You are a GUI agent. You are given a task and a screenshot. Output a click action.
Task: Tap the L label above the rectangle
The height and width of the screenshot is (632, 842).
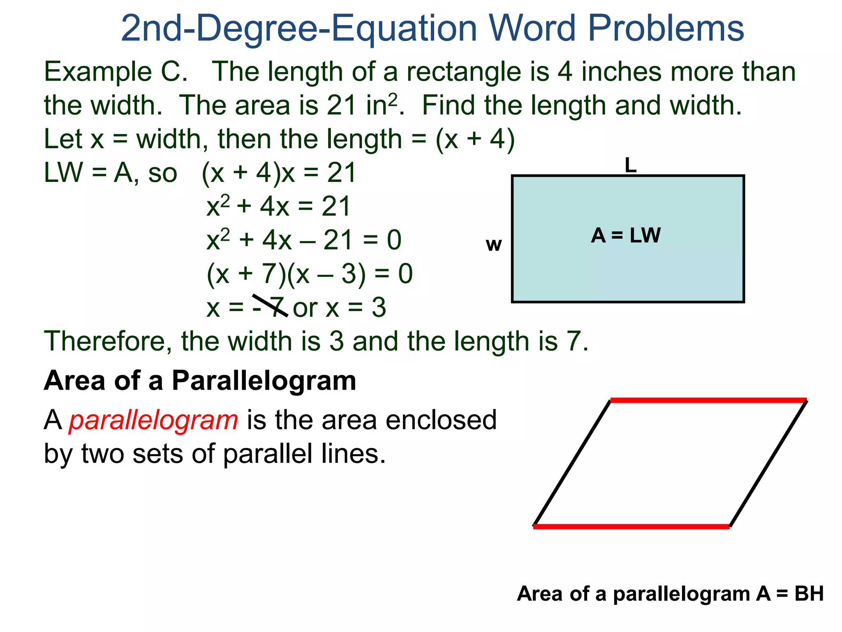pos(630,165)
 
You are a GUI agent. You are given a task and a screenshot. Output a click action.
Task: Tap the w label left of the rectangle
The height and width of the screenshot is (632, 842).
pos(494,245)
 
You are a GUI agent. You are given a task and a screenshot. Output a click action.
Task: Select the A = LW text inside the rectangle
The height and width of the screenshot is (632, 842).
pos(626,236)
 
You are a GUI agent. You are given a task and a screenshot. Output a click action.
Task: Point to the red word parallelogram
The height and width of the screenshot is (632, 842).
pos(153,420)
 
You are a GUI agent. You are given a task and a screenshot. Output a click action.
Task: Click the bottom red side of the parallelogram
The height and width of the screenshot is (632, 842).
pos(631,526)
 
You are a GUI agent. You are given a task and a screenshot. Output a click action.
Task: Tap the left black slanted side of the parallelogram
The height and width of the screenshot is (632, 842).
pos(571,463)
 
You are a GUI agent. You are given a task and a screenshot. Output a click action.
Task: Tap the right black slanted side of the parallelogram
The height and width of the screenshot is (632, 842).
pos(768,463)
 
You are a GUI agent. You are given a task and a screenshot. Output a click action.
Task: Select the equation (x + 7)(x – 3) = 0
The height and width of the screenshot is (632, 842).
pos(309,274)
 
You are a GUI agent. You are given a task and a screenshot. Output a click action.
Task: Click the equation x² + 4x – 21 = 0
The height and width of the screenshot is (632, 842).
pos(303,240)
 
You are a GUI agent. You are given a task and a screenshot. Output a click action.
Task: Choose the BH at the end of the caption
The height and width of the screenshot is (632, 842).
pos(809,594)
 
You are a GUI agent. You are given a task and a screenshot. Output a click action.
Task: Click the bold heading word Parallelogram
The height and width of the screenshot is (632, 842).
pos(264,381)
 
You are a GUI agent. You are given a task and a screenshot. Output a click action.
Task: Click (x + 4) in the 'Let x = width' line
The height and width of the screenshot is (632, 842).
pos(475,139)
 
